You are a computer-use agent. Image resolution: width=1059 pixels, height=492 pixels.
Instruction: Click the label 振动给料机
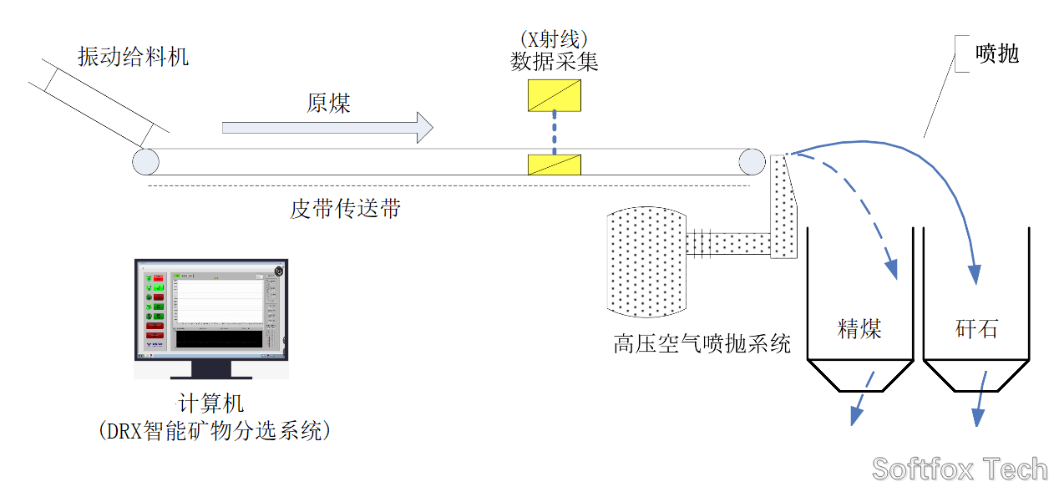[134, 57]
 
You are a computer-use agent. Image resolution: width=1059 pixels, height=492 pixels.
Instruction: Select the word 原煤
[328, 103]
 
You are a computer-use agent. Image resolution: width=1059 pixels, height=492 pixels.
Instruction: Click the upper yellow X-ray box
[555, 94]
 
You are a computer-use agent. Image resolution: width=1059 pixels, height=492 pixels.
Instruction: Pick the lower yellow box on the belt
[555, 165]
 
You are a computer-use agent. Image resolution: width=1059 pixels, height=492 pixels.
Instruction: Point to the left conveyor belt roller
[145, 161]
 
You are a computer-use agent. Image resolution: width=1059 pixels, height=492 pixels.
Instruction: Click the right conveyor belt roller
[751, 161]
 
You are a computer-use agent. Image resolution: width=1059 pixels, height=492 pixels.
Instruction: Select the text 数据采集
[555, 62]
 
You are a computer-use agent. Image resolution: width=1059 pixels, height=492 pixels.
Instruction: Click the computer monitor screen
[212, 309]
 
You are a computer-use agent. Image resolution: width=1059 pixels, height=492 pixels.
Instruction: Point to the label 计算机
[212, 404]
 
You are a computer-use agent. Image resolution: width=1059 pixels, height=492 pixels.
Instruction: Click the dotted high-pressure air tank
[647, 261]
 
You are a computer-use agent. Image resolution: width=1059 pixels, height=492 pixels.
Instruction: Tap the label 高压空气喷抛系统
[702, 343]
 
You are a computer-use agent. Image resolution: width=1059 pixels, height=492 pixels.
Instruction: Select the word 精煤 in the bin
[859, 328]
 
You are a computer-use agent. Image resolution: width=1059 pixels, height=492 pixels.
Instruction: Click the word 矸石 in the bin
[976, 328]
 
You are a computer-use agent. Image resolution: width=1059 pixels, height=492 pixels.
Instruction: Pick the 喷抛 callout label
[997, 54]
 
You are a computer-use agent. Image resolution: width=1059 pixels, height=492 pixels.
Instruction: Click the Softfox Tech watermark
[960, 469]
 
